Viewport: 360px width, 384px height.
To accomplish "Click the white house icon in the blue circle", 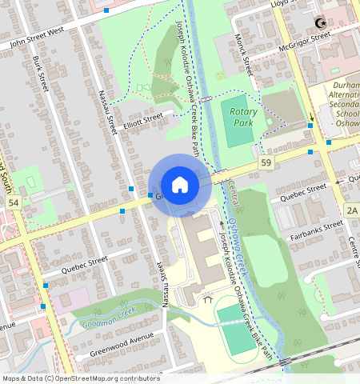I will (180, 185).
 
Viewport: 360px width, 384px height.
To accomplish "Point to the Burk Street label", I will (46, 70).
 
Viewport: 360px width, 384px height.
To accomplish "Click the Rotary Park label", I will (243, 118).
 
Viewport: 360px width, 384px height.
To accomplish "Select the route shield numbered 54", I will (13, 203).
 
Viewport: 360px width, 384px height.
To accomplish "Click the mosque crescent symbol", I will (322, 23).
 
